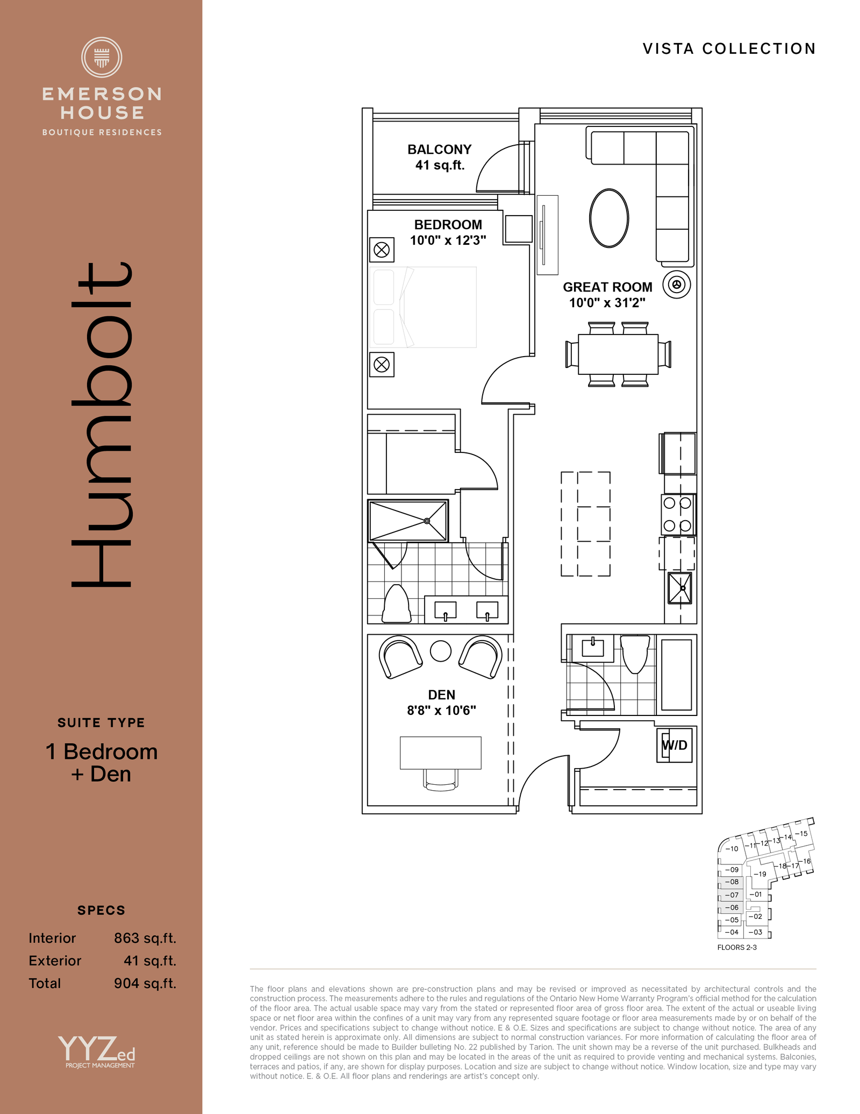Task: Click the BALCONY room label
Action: (x=439, y=150)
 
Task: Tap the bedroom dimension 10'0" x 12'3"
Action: (x=448, y=240)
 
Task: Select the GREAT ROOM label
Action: (x=607, y=287)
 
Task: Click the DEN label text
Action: (x=442, y=695)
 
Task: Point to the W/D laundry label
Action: (x=675, y=746)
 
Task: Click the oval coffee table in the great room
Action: (x=609, y=218)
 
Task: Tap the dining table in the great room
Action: (x=618, y=354)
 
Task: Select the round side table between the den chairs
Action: (x=441, y=651)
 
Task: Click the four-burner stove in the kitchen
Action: (x=678, y=514)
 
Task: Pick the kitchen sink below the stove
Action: (x=680, y=588)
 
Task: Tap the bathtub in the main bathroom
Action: (x=676, y=675)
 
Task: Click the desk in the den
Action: (x=441, y=753)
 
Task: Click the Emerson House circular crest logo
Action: (x=102, y=57)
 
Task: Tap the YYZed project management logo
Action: (x=97, y=1052)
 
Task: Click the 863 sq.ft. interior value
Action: (x=145, y=938)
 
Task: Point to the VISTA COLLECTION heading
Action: (x=729, y=49)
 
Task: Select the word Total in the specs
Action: (x=45, y=983)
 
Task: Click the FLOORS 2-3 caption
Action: (x=737, y=947)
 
